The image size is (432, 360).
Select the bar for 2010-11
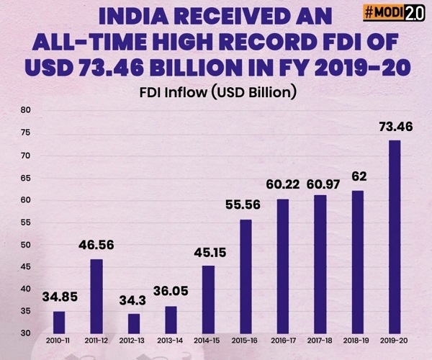click(x=59, y=322)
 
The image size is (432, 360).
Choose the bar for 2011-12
click(x=96, y=296)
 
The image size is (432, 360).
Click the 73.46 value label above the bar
click(x=395, y=127)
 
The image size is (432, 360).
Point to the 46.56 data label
click(x=96, y=246)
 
